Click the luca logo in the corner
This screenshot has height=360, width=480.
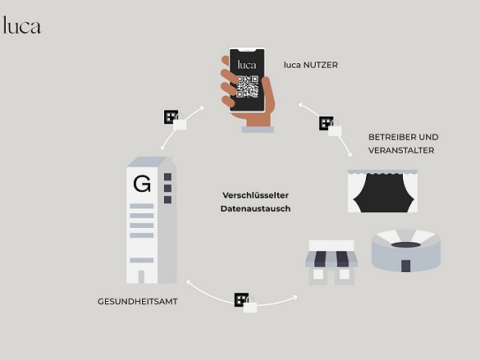[21, 25]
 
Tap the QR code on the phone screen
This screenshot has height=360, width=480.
[247, 87]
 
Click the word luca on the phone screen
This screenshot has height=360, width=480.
[247, 65]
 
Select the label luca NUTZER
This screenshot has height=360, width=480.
[311, 65]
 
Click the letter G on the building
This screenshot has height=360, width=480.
[142, 184]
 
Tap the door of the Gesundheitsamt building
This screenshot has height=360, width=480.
[141, 277]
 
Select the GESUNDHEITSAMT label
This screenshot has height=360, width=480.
[138, 302]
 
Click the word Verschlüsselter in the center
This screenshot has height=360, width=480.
[255, 195]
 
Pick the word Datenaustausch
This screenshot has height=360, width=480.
[255, 208]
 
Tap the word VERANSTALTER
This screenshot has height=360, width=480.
[401, 151]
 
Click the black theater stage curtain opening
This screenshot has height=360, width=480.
[383, 194]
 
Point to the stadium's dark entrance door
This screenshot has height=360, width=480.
[405, 266]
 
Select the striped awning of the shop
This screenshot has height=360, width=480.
[331, 259]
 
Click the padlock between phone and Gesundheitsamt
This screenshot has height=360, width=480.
[180, 123]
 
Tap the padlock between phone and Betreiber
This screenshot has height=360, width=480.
[335, 129]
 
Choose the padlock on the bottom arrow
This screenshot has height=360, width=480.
[250, 305]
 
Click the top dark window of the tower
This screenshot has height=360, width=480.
[167, 177]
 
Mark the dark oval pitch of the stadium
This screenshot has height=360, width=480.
[406, 244]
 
